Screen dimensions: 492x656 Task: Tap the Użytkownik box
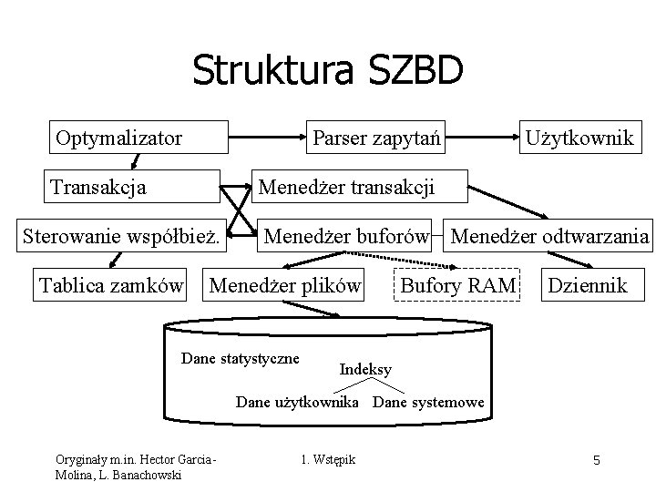click(x=579, y=138)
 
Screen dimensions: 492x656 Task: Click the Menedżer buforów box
click(x=346, y=238)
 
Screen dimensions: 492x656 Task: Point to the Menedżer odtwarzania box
click(x=550, y=238)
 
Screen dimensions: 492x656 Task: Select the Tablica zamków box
click(x=110, y=286)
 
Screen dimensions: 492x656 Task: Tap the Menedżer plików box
click(x=286, y=286)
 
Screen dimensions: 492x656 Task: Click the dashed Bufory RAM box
click(x=458, y=286)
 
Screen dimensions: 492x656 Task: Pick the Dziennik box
click(x=587, y=286)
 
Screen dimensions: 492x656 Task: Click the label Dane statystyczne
click(x=241, y=358)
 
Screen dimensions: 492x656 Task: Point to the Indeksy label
click(x=365, y=369)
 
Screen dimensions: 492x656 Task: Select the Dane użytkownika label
click(x=297, y=402)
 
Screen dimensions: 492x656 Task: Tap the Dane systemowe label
click(x=428, y=402)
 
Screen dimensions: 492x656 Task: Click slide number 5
click(x=596, y=460)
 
